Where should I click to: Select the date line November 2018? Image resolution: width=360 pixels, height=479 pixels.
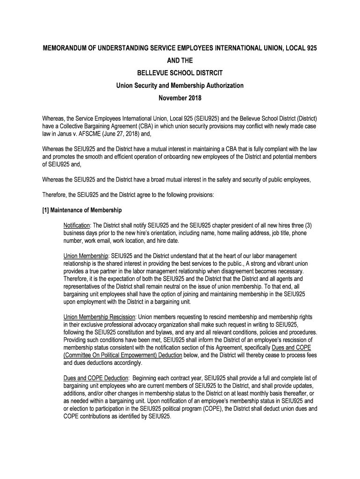click(x=180, y=98)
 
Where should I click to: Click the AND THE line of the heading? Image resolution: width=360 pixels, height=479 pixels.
click(x=180, y=61)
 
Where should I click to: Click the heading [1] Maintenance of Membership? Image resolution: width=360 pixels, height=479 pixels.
click(x=82, y=210)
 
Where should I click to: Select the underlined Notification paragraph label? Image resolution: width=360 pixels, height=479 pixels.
click(x=78, y=225)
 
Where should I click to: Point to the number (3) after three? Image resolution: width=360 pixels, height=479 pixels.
click(x=307, y=225)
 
